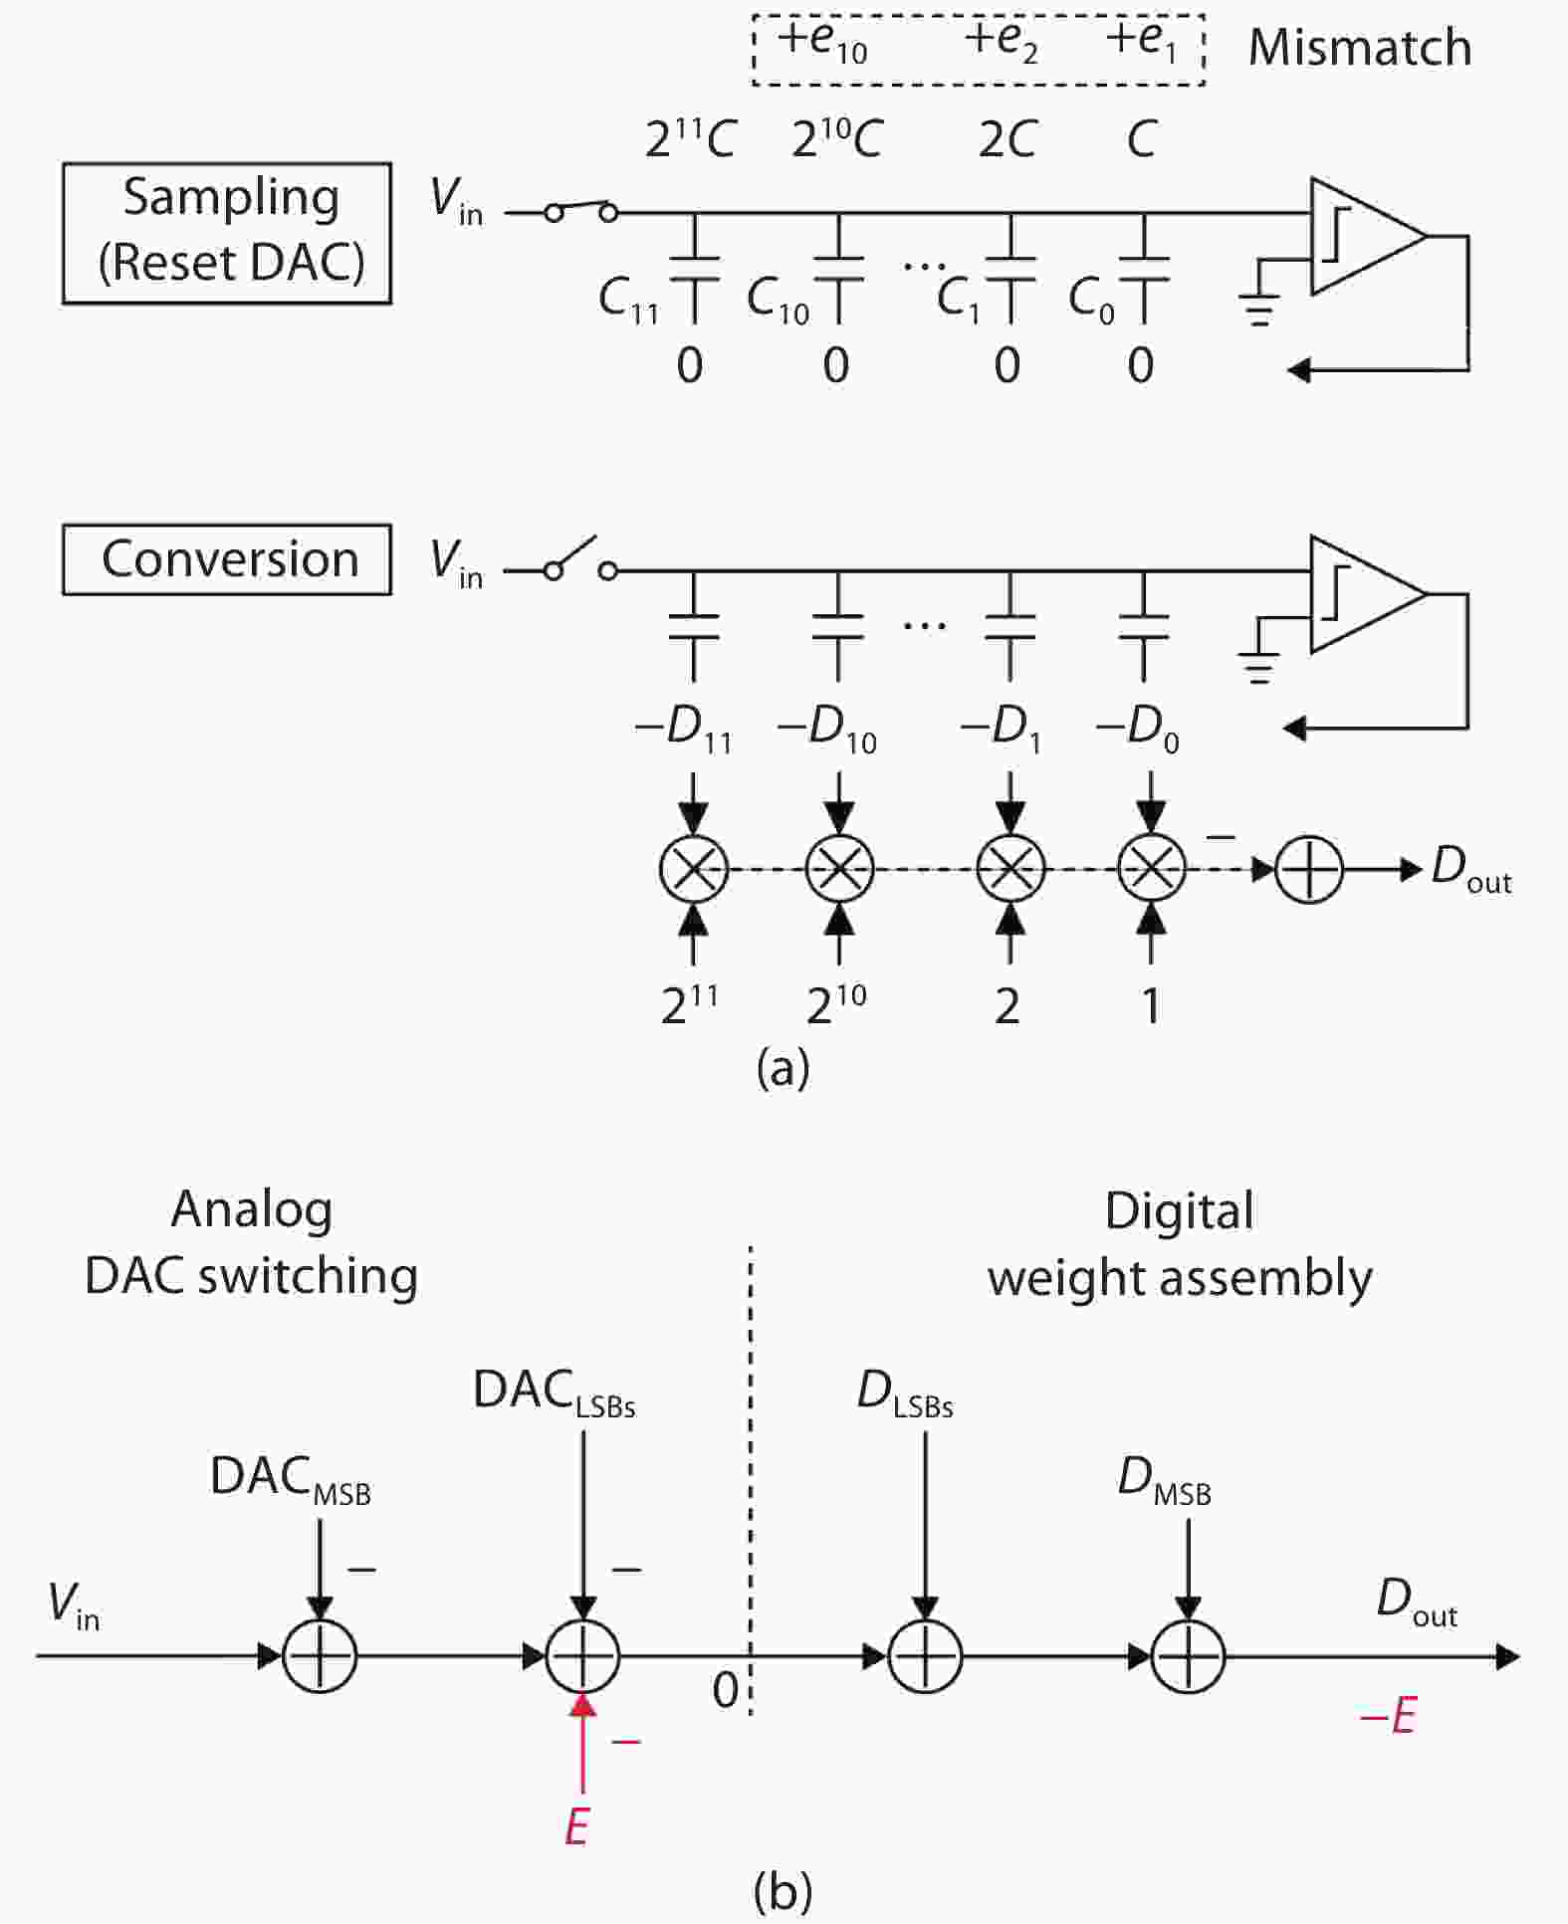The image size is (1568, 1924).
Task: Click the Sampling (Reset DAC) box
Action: click(x=227, y=233)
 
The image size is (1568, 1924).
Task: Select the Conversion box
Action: click(x=227, y=559)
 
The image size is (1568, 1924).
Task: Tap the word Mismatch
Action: click(x=1359, y=48)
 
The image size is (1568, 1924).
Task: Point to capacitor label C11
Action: click(x=629, y=300)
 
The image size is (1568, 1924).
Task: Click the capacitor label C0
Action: click(x=1091, y=300)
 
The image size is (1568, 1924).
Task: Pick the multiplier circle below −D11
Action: click(x=694, y=868)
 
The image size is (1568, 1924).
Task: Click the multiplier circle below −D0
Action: click(x=1152, y=868)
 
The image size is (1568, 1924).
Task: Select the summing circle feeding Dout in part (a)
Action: click(x=1308, y=869)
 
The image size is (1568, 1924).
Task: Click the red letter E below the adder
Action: click(x=576, y=1827)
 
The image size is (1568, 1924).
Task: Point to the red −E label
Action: click(x=1388, y=1716)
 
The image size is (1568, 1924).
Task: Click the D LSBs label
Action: click(x=904, y=1393)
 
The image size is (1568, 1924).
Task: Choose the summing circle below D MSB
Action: click(x=1188, y=1656)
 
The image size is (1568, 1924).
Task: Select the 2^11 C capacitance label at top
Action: click(x=689, y=138)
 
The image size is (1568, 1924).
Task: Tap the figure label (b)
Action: click(x=783, y=1889)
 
